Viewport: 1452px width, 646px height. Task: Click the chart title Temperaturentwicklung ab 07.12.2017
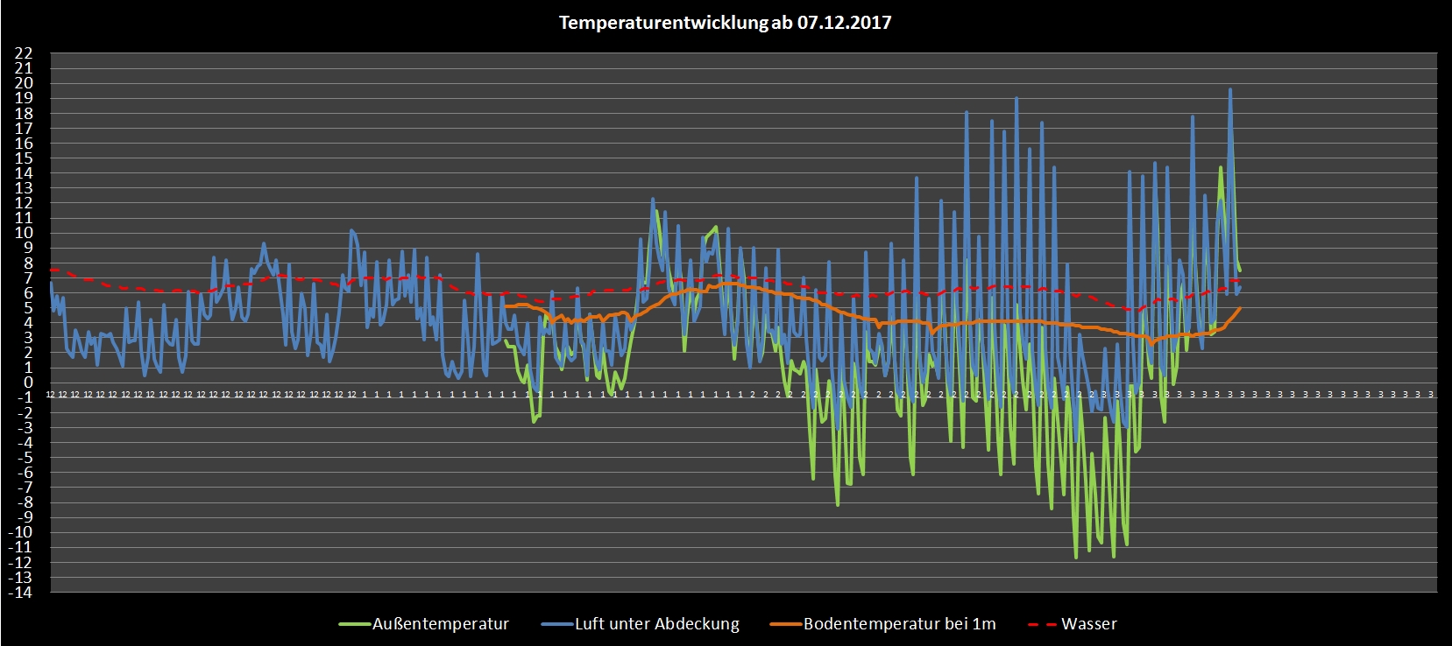click(725, 23)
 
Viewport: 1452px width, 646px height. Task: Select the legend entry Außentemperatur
click(440, 624)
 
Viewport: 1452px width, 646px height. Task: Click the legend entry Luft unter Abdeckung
click(656, 624)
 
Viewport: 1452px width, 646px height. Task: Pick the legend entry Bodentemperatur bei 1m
click(899, 624)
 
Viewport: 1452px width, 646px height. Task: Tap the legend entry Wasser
click(1088, 624)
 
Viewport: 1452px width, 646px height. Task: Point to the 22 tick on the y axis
click(24, 53)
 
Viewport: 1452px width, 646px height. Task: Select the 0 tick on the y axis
click(27, 383)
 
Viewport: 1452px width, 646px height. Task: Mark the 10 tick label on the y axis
click(24, 233)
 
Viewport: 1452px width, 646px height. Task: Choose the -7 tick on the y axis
click(24, 488)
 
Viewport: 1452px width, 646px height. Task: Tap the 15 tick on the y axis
click(24, 158)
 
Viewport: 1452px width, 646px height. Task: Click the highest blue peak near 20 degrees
click(1230, 89)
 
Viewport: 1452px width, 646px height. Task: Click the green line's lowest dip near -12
click(1076, 557)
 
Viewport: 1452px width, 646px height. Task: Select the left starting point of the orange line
click(506, 305)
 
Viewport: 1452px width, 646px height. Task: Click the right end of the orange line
click(1240, 308)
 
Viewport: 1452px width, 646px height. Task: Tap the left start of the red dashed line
click(52, 270)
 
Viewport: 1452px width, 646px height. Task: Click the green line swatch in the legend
click(354, 624)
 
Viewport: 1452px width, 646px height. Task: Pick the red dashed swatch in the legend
click(1040, 624)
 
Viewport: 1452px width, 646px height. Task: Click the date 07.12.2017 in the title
click(844, 23)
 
